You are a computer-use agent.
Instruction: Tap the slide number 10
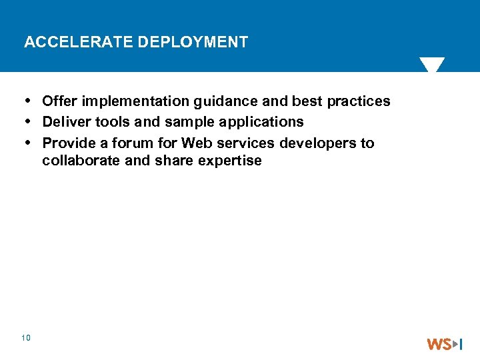click(x=26, y=339)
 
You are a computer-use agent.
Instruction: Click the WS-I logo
click(x=445, y=344)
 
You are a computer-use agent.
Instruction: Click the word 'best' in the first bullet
click(x=307, y=101)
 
